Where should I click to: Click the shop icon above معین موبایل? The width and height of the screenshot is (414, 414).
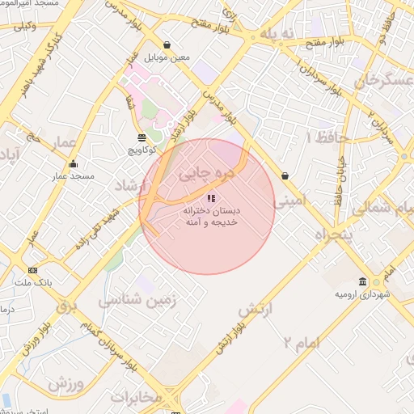click(x=167, y=45)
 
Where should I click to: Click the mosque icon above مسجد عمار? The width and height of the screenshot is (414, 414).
click(x=73, y=164)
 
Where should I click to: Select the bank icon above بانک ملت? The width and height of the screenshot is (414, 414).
click(x=32, y=270)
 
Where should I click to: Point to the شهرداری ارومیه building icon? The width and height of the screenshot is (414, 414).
click(x=361, y=281)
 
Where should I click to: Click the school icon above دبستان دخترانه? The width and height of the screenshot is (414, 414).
click(x=211, y=197)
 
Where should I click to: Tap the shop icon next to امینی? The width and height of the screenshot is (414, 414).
click(x=285, y=175)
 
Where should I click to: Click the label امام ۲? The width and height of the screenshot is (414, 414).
click(x=302, y=343)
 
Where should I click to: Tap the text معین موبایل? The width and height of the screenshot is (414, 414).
click(x=167, y=58)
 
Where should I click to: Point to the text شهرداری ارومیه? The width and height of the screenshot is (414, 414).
click(x=362, y=294)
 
